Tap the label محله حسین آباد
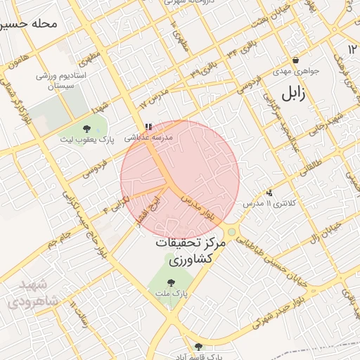point(28,23)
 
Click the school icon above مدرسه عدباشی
point(148,127)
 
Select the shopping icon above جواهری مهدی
point(296,60)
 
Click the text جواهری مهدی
point(297,71)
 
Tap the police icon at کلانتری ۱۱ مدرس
point(269,193)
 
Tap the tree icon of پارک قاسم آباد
point(198,346)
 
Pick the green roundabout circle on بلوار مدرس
point(231,232)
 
